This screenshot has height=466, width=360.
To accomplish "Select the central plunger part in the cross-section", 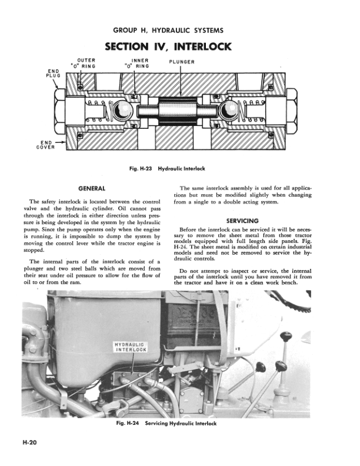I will coord(181,111).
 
